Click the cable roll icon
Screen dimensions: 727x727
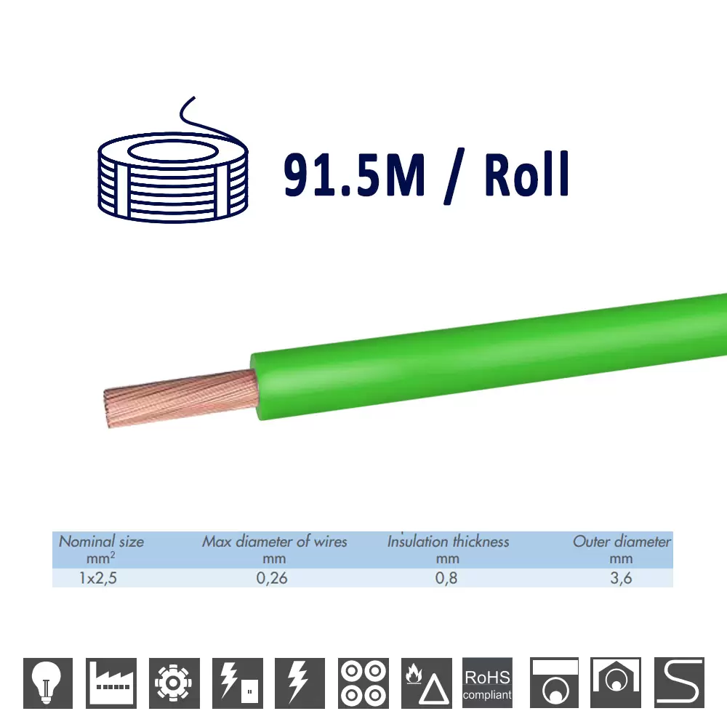pos(172,176)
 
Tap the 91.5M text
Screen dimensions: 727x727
pos(354,175)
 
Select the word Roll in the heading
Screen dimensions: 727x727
pos(526,174)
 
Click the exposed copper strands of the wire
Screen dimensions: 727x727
pos(180,398)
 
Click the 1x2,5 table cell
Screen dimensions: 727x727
pos(98,578)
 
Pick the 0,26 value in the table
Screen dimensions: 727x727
pos(272,578)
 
